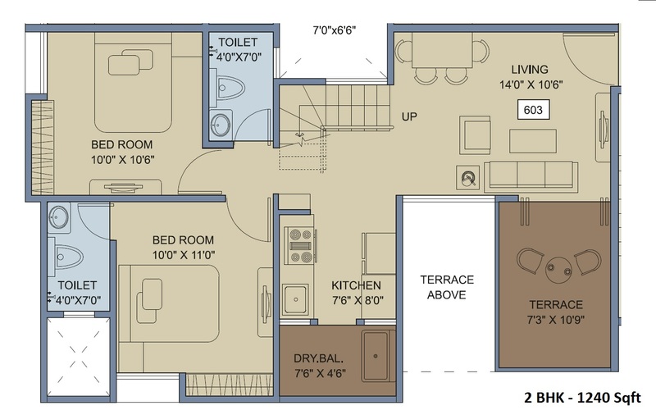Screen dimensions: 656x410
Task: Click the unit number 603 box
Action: tap(533, 110)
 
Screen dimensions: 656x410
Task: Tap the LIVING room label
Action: tap(530, 70)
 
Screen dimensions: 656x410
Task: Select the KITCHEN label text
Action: tap(356, 285)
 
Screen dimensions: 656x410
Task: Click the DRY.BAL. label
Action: tap(319, 358)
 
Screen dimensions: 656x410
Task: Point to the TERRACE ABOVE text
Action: tap(447, 287)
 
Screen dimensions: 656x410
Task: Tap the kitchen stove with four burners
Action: tap(300, 245)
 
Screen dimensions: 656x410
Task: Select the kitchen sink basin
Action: tap(295, 299)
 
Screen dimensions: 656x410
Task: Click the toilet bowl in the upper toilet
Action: tap(228, 88)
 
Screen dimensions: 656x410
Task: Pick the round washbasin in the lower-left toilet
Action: tap(58, 217)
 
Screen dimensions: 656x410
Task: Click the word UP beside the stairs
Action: tap(409, 116)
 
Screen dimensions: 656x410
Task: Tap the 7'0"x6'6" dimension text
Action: tap(335, 30)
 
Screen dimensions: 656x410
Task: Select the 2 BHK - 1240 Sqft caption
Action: tap(582, 397)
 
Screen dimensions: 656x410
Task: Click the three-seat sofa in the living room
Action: tap(531, 175)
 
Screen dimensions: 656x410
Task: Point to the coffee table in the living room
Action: tap(532, 141)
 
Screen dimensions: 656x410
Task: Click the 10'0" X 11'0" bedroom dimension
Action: tap(183, 255)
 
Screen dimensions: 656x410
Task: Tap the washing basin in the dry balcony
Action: tap(376, 356)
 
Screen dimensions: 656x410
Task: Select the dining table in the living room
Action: tap(442, 49)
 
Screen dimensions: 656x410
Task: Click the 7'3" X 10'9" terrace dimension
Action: tap(556, 320)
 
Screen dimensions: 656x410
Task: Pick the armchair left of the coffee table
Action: tap(475, 135)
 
